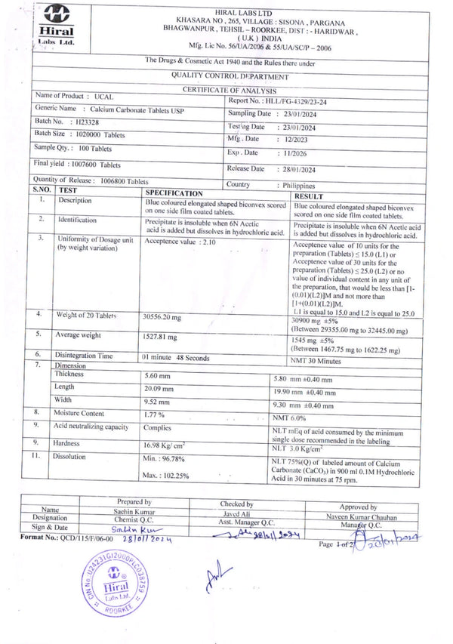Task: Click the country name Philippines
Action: tap(298, 185)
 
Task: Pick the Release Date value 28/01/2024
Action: tap(298, 169)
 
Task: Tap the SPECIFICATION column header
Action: tap(174, 193)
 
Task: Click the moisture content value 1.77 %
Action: tap(155, 414)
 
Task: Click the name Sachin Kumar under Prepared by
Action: tap(134, 511)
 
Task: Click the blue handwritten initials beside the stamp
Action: tap(214, 576)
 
